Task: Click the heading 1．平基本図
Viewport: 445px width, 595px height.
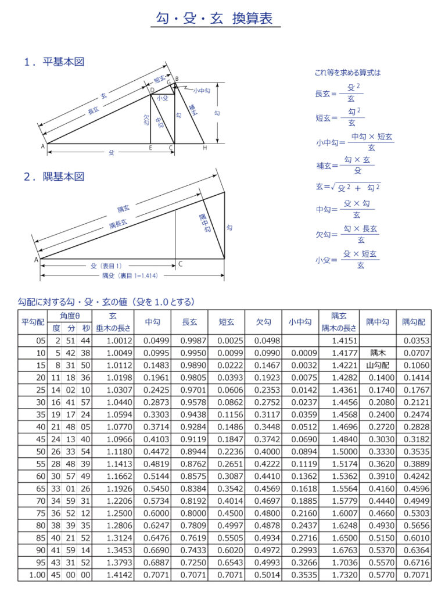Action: pyautogui.click(x=54, y=62)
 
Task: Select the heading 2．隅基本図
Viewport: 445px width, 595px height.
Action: pyautogui.click(x=54, y=176)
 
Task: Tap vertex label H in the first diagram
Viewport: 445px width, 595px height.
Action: pyautogui.click(x=204, y=148)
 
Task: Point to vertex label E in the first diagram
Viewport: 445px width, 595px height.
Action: pyautogui.click(x=150, y=148)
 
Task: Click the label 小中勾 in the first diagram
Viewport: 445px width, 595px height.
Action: pyautogui.click(x=202, y=90)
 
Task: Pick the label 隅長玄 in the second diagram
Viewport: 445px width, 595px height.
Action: pyautogui.click(x=118, y=224)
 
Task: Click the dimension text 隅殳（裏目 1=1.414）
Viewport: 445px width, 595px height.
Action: pyautogui.click(x=130, y=275)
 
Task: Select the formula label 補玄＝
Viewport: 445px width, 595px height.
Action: pyautogui.click(x=326, y=166)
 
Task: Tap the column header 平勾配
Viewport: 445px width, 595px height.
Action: pyautogui.click(x=33, y=321)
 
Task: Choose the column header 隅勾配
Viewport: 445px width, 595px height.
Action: pyautogui.click(x=413, y=321)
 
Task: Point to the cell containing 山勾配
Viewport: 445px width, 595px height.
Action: pyautogui.click(x=378, y=365)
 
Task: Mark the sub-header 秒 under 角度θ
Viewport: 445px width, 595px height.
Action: pyautogui.click(x=86, y=327)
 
